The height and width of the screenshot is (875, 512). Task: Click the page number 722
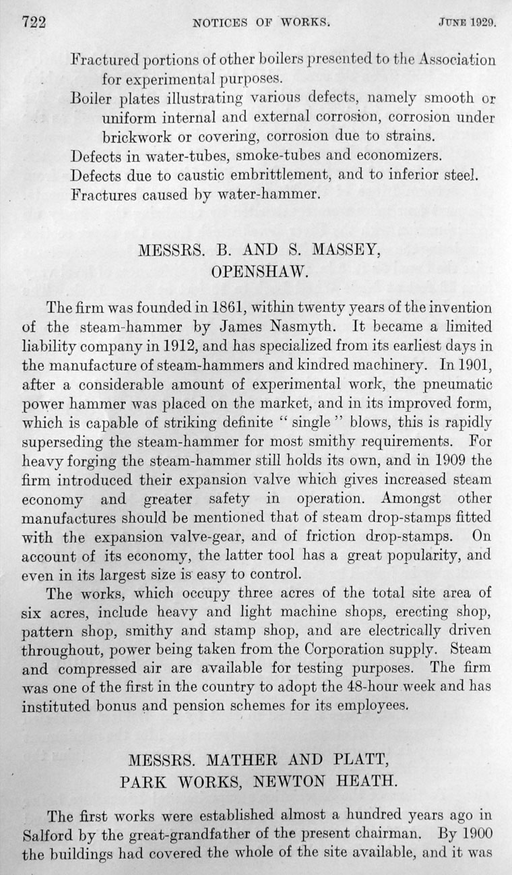(32, 22)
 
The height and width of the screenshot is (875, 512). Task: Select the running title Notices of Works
(260, 22)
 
